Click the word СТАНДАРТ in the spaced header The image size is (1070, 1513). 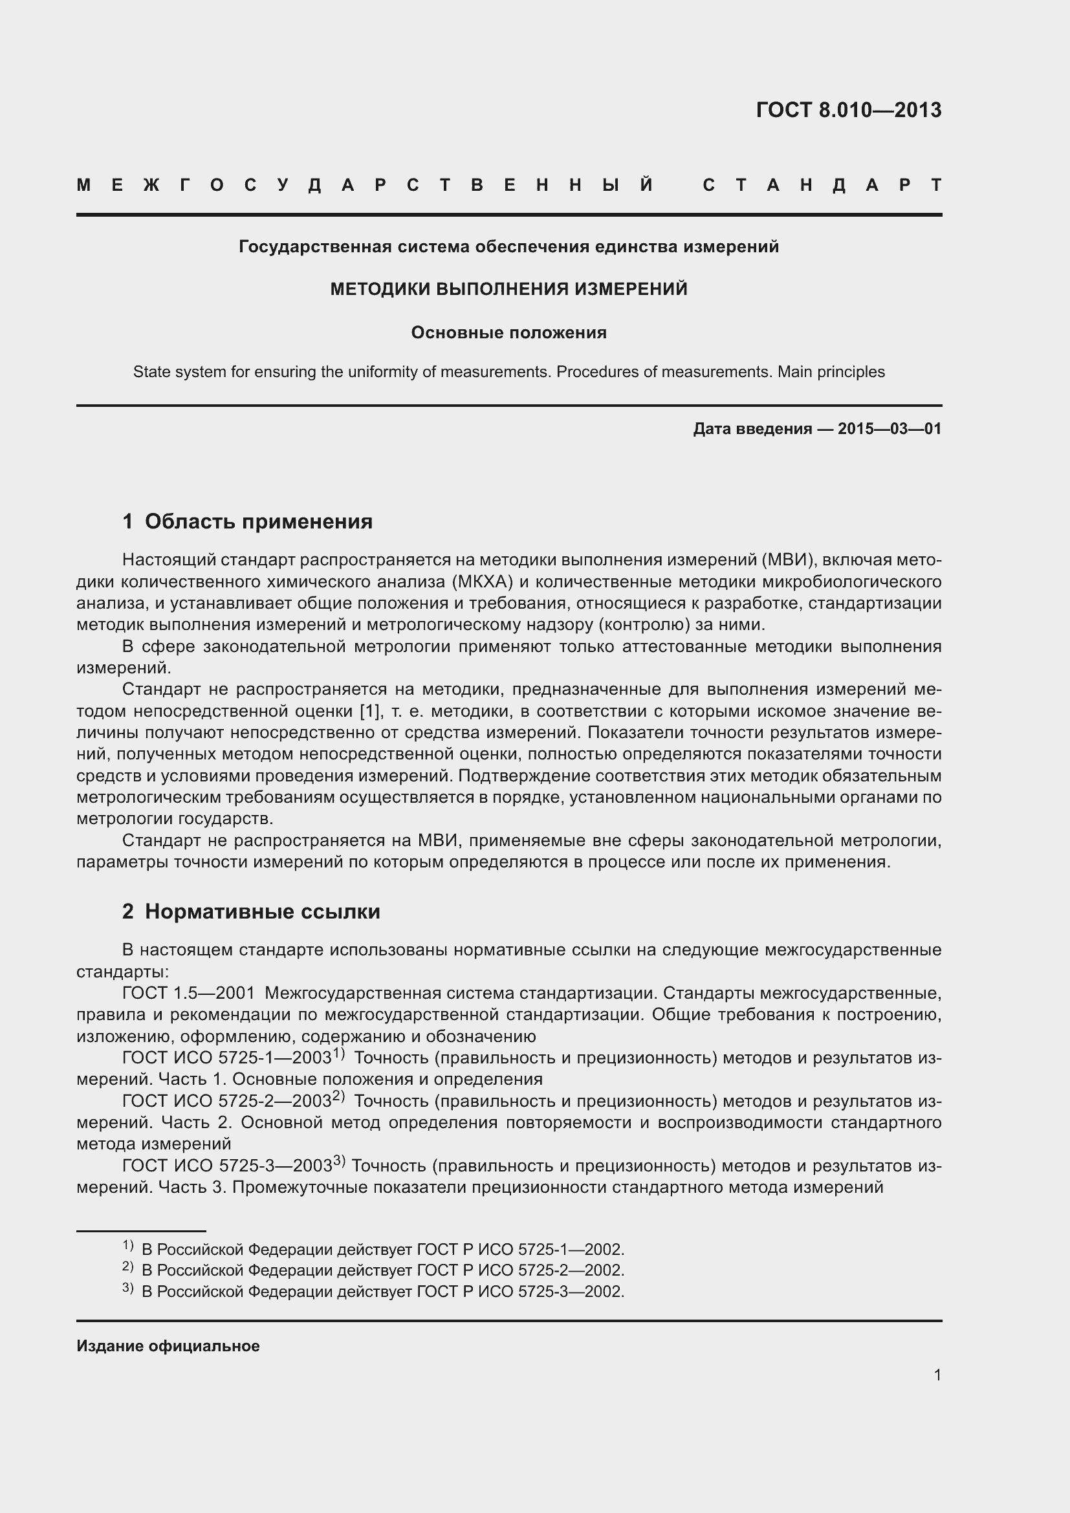pos(822,185)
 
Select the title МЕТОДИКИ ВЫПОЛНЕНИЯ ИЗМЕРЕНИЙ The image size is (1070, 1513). pos(508,289)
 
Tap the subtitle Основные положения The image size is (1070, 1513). pos(508,332)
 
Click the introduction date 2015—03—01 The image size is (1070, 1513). pos(890,429)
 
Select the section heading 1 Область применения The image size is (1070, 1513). pos(247,521)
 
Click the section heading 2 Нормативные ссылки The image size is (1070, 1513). pos(251,911)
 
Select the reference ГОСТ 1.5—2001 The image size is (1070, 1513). pos(188,993)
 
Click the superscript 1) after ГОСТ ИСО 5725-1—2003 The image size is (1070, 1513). pos(338,1054)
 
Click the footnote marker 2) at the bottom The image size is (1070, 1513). pos(128,1267)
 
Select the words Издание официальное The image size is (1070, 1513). pos(168,1346)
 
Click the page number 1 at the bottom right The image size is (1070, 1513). pos(937,1375)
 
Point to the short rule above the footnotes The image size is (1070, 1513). pos(141,1231)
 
